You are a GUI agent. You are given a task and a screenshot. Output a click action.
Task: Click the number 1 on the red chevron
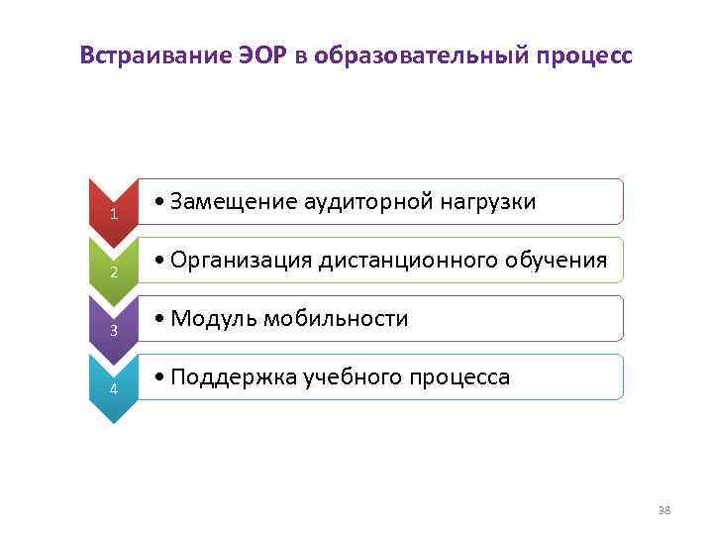coord(114,215)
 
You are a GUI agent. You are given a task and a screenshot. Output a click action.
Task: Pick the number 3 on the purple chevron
coord(114,331)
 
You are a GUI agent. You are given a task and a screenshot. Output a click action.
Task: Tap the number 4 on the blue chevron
coord(114,389)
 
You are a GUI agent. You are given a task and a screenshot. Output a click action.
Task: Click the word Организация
coord(242,261)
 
